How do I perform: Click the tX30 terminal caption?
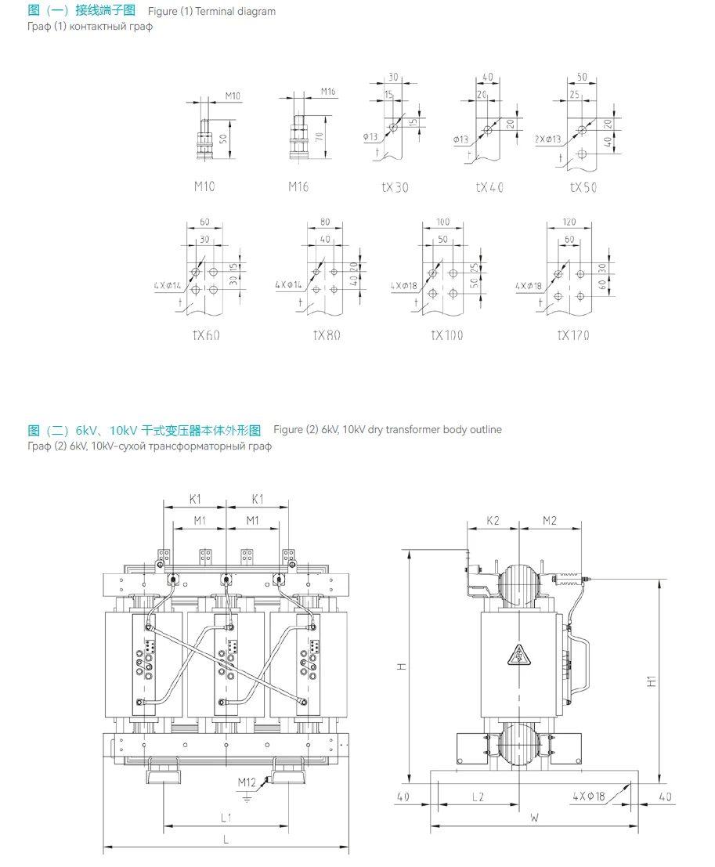tap(395, 187)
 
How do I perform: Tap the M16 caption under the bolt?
tap(298, 186)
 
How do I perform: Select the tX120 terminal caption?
tap(573, 335)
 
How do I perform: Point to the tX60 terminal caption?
tap(206, 335)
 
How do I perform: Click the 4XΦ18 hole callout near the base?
tap(588, 797)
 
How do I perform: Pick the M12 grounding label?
tap(247, 782)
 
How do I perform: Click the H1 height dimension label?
tap(652, 681)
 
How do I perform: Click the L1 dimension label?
tap(226, 818)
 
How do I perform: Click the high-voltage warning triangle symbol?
tap(518, 653)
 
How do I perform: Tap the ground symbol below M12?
tap(247, 797)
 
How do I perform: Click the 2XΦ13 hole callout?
tap(548, 139)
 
